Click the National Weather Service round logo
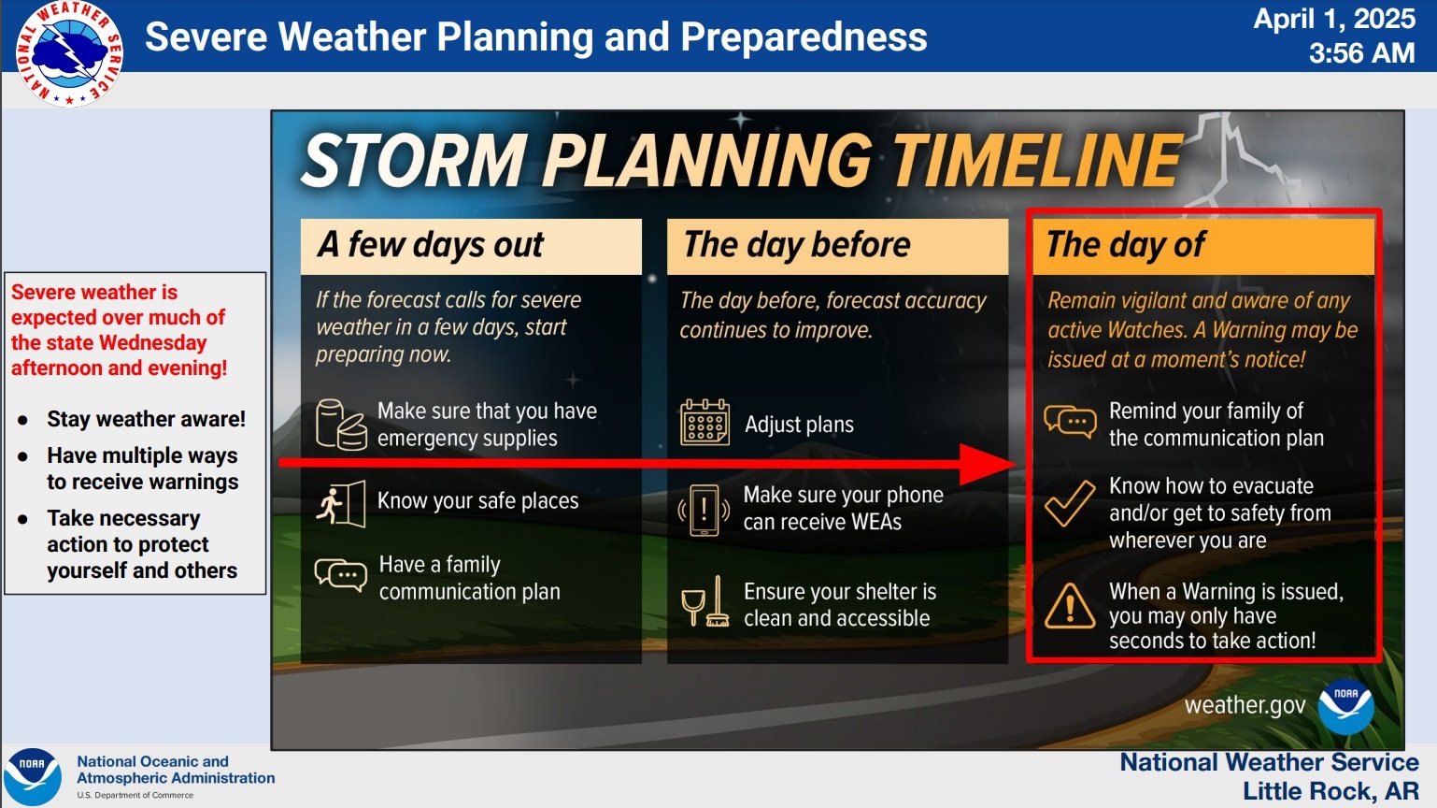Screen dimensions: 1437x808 tap(69, 54)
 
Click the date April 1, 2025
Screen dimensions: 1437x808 tap(1334, 19)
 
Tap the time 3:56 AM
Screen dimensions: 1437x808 tap(1361, 52)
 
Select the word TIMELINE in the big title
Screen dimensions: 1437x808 tap(1037, 160)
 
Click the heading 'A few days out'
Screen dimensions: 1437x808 tap(431, 245)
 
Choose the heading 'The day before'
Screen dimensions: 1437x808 tap(797, 245)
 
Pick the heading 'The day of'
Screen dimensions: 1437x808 tap(1126, 245)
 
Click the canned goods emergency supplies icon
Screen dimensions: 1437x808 tap(341, 425)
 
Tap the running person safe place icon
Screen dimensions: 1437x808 tap(341, 503)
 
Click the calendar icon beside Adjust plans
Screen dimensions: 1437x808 tap(704, 423)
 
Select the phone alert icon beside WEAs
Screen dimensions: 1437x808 tap(704, 510)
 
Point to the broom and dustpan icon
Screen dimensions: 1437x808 tap(705, 602)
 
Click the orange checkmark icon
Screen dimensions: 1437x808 tap(1070, 503)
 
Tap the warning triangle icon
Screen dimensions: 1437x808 tap(1070, 606)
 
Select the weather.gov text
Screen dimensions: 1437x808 tap(1245, 705)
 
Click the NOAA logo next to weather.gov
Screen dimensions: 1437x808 tap(1346, 707)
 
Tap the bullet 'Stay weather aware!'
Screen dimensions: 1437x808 tap(147, 419)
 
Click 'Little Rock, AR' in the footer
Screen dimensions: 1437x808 tap(1330, 791)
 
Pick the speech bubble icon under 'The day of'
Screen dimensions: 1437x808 tap(1070, 422)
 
